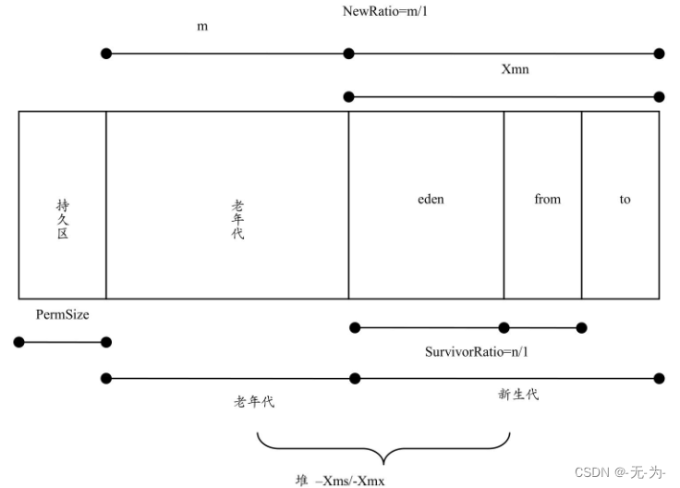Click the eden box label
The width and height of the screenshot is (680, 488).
(431, 199)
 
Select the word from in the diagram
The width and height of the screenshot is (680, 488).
(547, 199)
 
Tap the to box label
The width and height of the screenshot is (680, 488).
(625, 199)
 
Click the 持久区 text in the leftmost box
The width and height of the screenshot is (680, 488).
(62, 219)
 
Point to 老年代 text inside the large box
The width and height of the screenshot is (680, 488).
(237, 219)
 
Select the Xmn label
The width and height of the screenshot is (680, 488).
(515, 70)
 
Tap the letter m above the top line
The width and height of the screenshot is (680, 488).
(202, 27)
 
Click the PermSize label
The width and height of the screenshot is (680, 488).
(63, 315)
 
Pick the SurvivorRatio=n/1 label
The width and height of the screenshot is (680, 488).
(475, 351)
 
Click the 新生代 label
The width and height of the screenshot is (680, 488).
(517, 395)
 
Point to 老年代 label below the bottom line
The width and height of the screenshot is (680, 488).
(254, 402)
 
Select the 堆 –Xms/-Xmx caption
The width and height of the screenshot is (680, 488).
(340, 480)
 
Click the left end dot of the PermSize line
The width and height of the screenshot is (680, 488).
(18, 342)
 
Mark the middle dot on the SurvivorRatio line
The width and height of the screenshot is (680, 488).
(504, 327)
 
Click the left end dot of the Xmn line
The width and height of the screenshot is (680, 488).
(348, 96)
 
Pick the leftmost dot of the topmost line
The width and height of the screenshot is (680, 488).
(106, 54)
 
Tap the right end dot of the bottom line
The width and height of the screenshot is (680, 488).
(659, 378)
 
